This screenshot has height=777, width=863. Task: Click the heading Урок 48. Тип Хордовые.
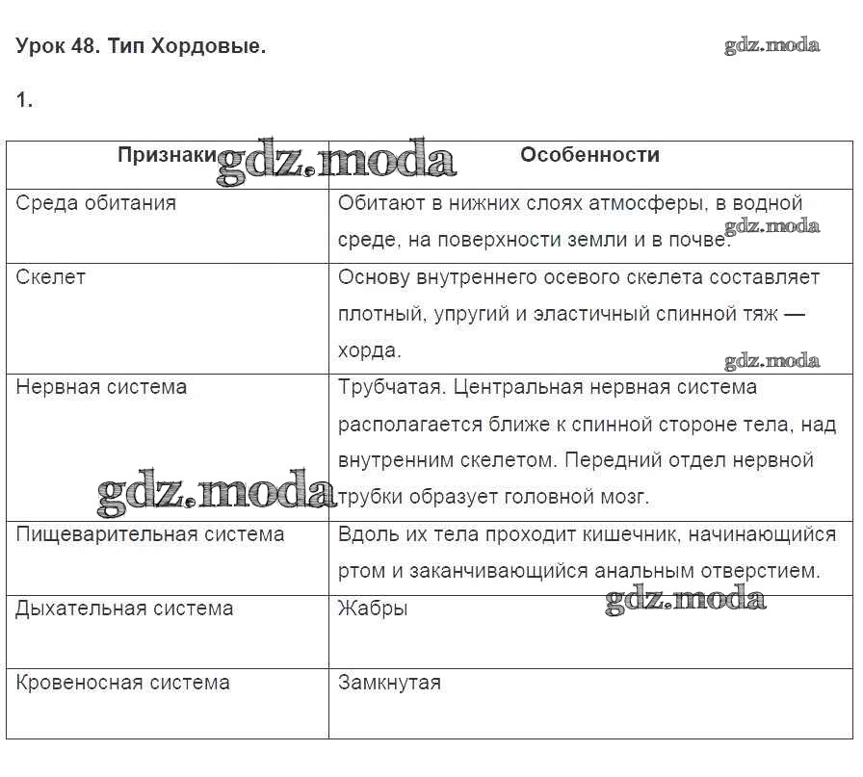point(141,46)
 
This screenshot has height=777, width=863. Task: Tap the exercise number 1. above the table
point(24,100)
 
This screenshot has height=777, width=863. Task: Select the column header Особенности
point(589,155)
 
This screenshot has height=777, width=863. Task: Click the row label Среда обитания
point(96,203)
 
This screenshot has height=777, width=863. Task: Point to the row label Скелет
point(51,277)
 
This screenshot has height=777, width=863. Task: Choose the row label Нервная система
point(101,387)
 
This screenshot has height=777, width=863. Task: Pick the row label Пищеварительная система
point(150,534)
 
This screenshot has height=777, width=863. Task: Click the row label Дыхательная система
point(124,609)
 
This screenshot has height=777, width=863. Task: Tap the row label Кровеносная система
point(123,683)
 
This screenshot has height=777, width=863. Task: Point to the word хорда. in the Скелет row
point(370,350)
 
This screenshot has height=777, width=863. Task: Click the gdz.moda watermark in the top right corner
point(771,45)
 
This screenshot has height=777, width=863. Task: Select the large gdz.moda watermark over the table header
point(336,164)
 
